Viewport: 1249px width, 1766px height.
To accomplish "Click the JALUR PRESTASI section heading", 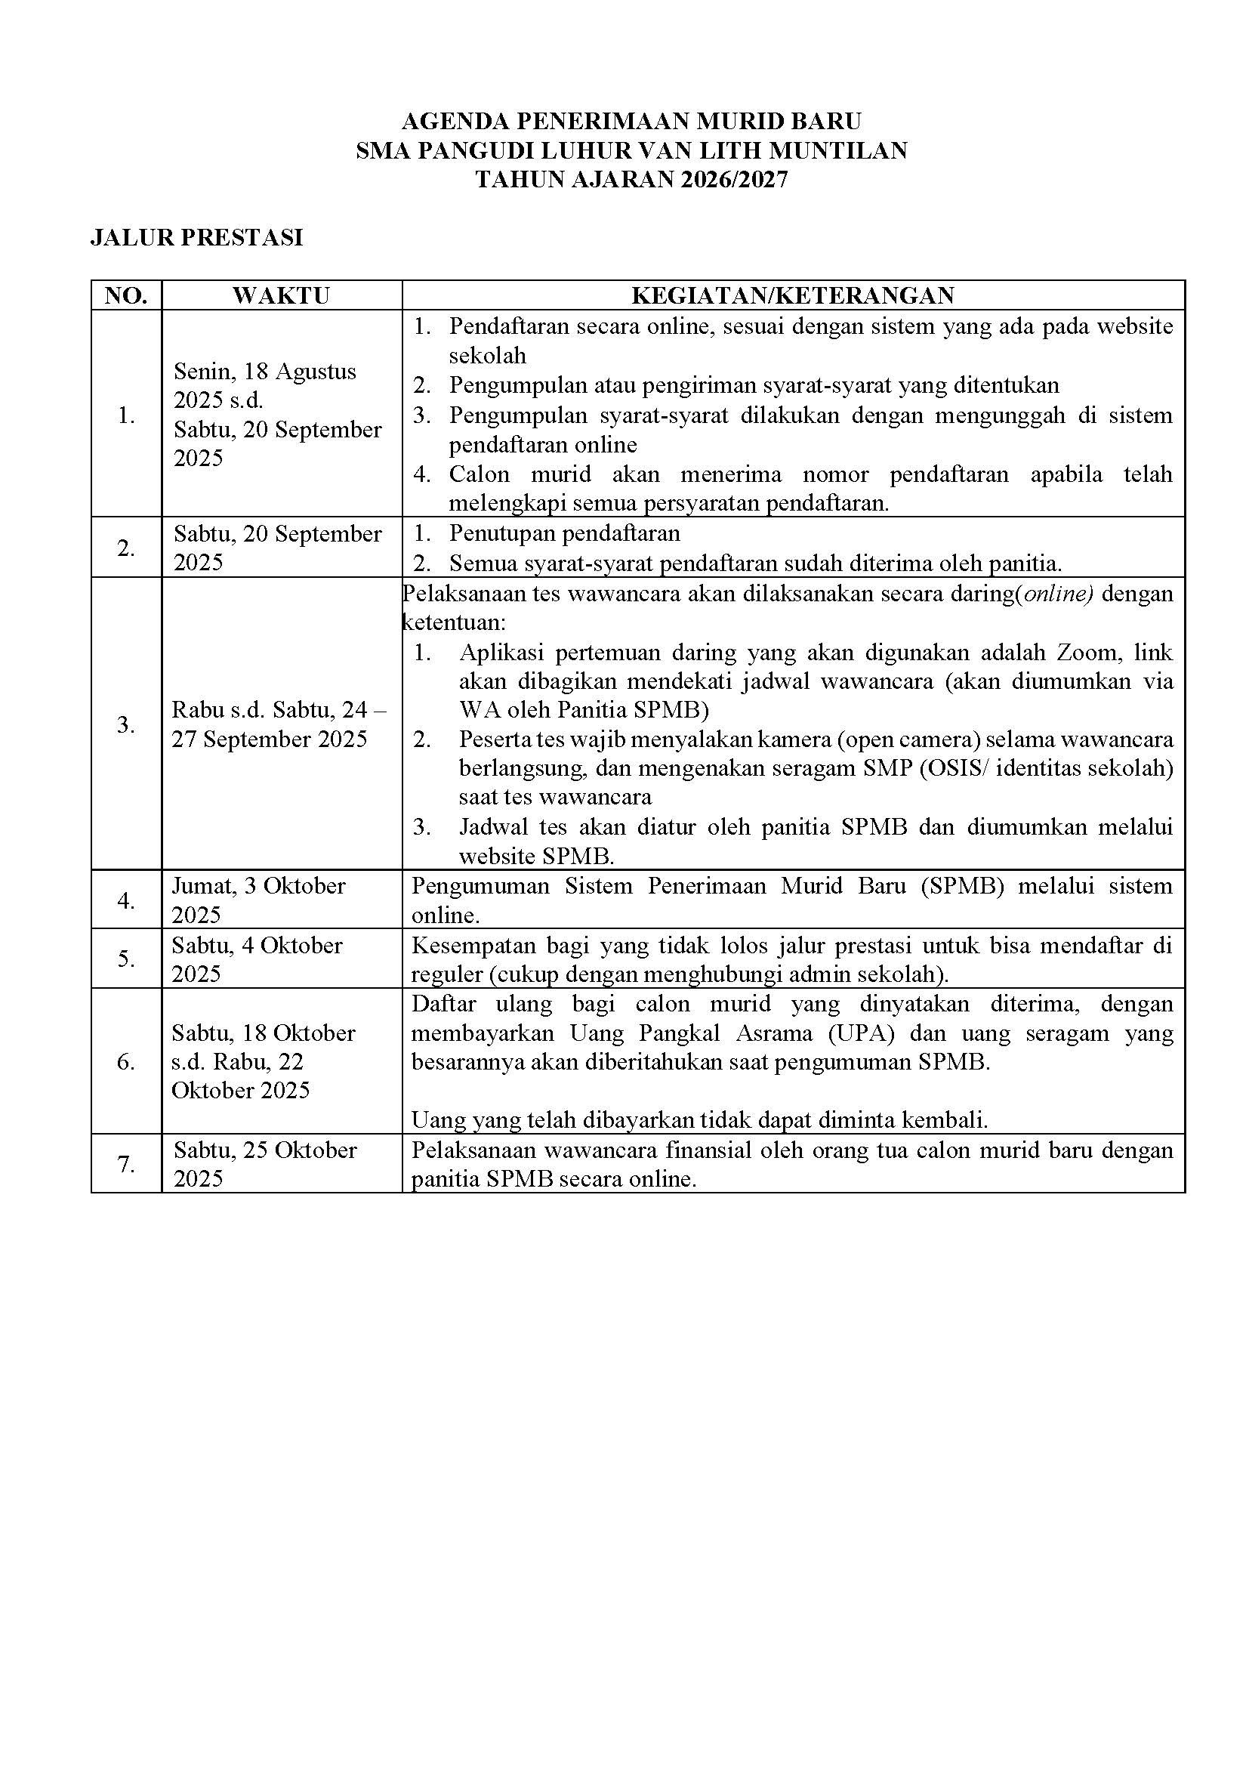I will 196,239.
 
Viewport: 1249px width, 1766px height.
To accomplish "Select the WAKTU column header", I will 281,295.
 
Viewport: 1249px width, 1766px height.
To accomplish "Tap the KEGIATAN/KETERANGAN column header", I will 793,295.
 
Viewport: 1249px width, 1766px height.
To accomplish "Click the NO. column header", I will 126,295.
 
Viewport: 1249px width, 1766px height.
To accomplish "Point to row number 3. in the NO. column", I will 126,724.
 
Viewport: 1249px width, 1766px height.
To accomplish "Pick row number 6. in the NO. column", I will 126,1061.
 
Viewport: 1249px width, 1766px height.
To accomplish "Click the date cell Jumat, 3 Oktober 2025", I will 258,900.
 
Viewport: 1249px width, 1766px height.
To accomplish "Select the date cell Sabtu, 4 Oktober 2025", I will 257,959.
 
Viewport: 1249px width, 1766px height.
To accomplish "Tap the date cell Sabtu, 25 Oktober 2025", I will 264,1164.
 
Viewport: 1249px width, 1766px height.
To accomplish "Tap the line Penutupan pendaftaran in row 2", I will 565,533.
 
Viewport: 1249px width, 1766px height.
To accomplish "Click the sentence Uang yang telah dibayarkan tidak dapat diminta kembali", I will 699,1120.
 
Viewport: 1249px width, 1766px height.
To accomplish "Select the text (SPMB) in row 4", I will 963,886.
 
